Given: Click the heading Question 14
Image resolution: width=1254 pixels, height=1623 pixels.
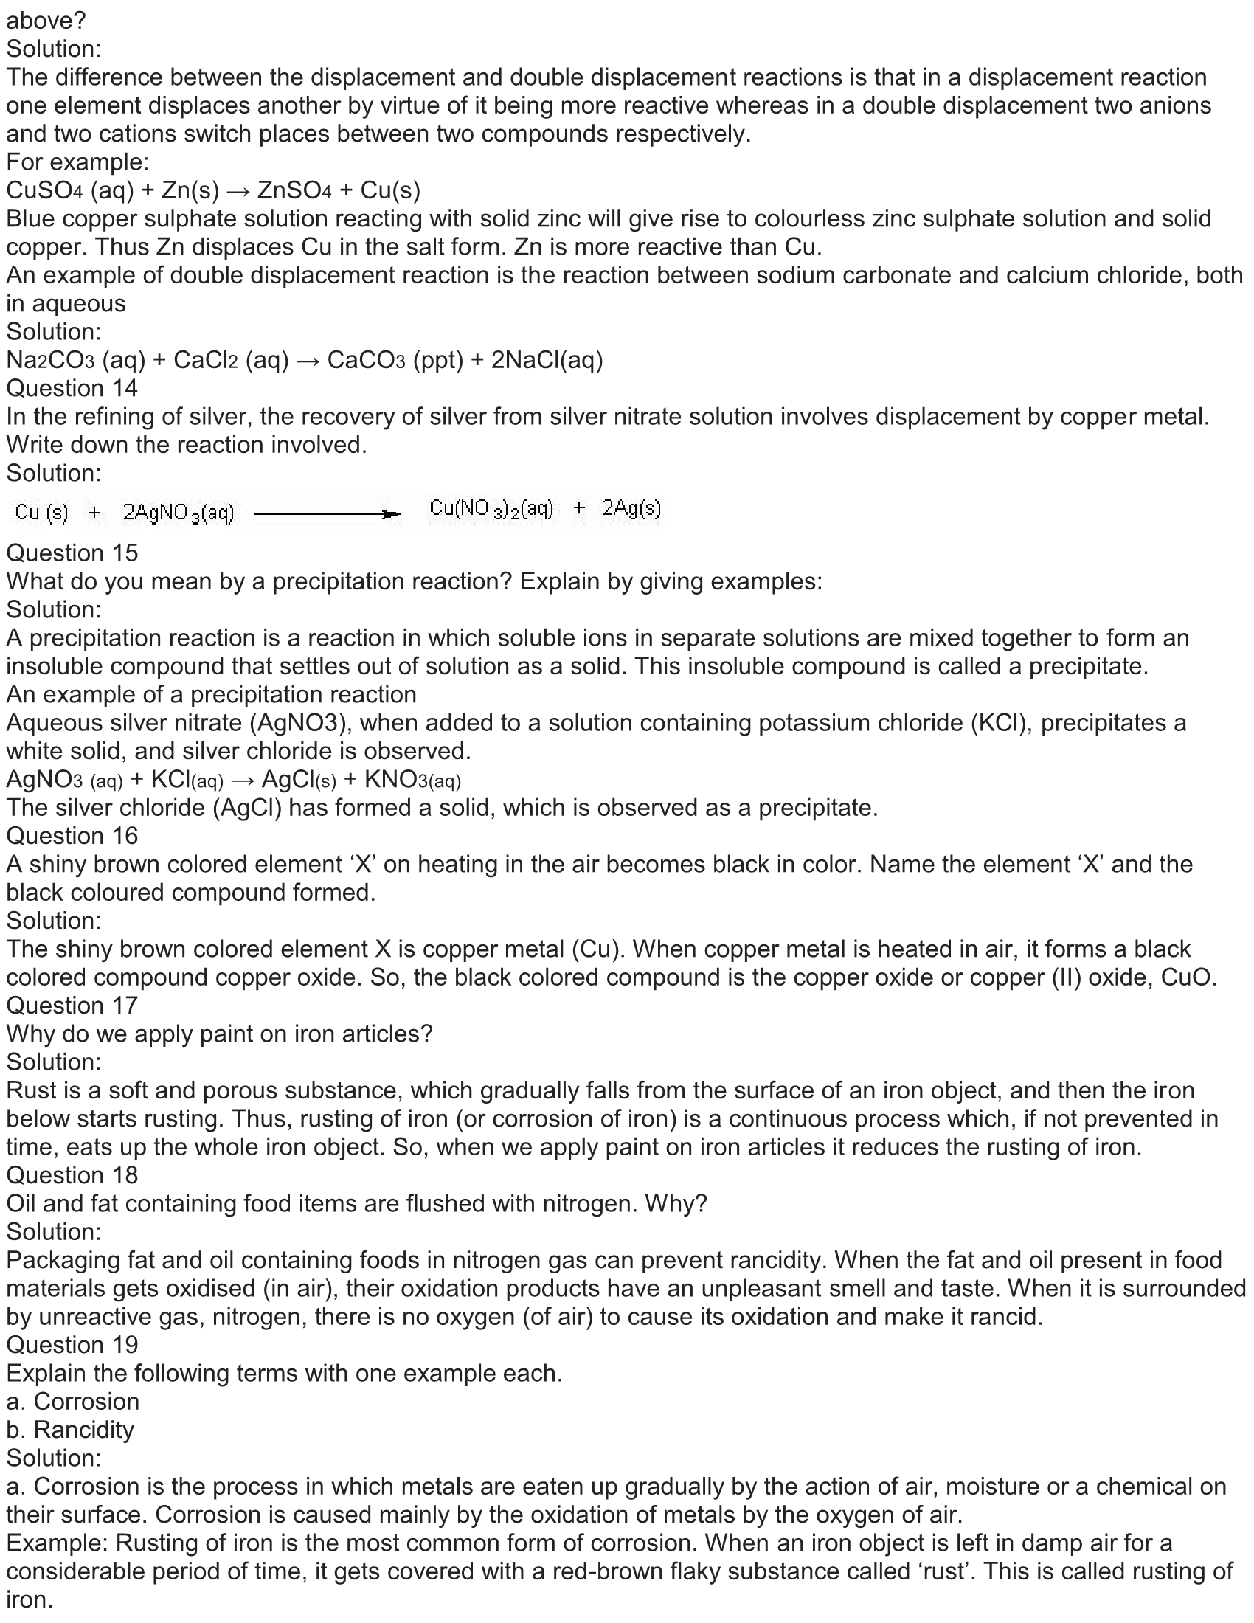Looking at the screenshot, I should [72, 389].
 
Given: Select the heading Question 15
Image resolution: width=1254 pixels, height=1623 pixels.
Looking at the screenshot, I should [72, 553].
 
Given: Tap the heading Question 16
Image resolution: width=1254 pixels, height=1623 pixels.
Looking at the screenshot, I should [72, 836].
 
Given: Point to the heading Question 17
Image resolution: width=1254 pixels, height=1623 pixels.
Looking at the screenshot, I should [72, 1006].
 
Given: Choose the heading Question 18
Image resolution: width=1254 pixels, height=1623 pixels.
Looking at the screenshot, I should [72, 1175].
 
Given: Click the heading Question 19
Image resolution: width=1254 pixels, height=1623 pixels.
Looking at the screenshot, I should [72, 1344].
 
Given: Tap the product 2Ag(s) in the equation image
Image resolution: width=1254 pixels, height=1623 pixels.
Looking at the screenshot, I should [631, 508].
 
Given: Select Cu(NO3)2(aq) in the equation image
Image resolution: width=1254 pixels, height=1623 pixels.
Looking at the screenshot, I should [491, 508].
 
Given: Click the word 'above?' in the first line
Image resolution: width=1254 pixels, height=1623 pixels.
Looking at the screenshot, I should [46, 21].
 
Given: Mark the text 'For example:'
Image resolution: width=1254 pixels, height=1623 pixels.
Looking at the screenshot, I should [77, 162].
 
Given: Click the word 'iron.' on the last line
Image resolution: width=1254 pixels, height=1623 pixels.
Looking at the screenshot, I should [30, 1599].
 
